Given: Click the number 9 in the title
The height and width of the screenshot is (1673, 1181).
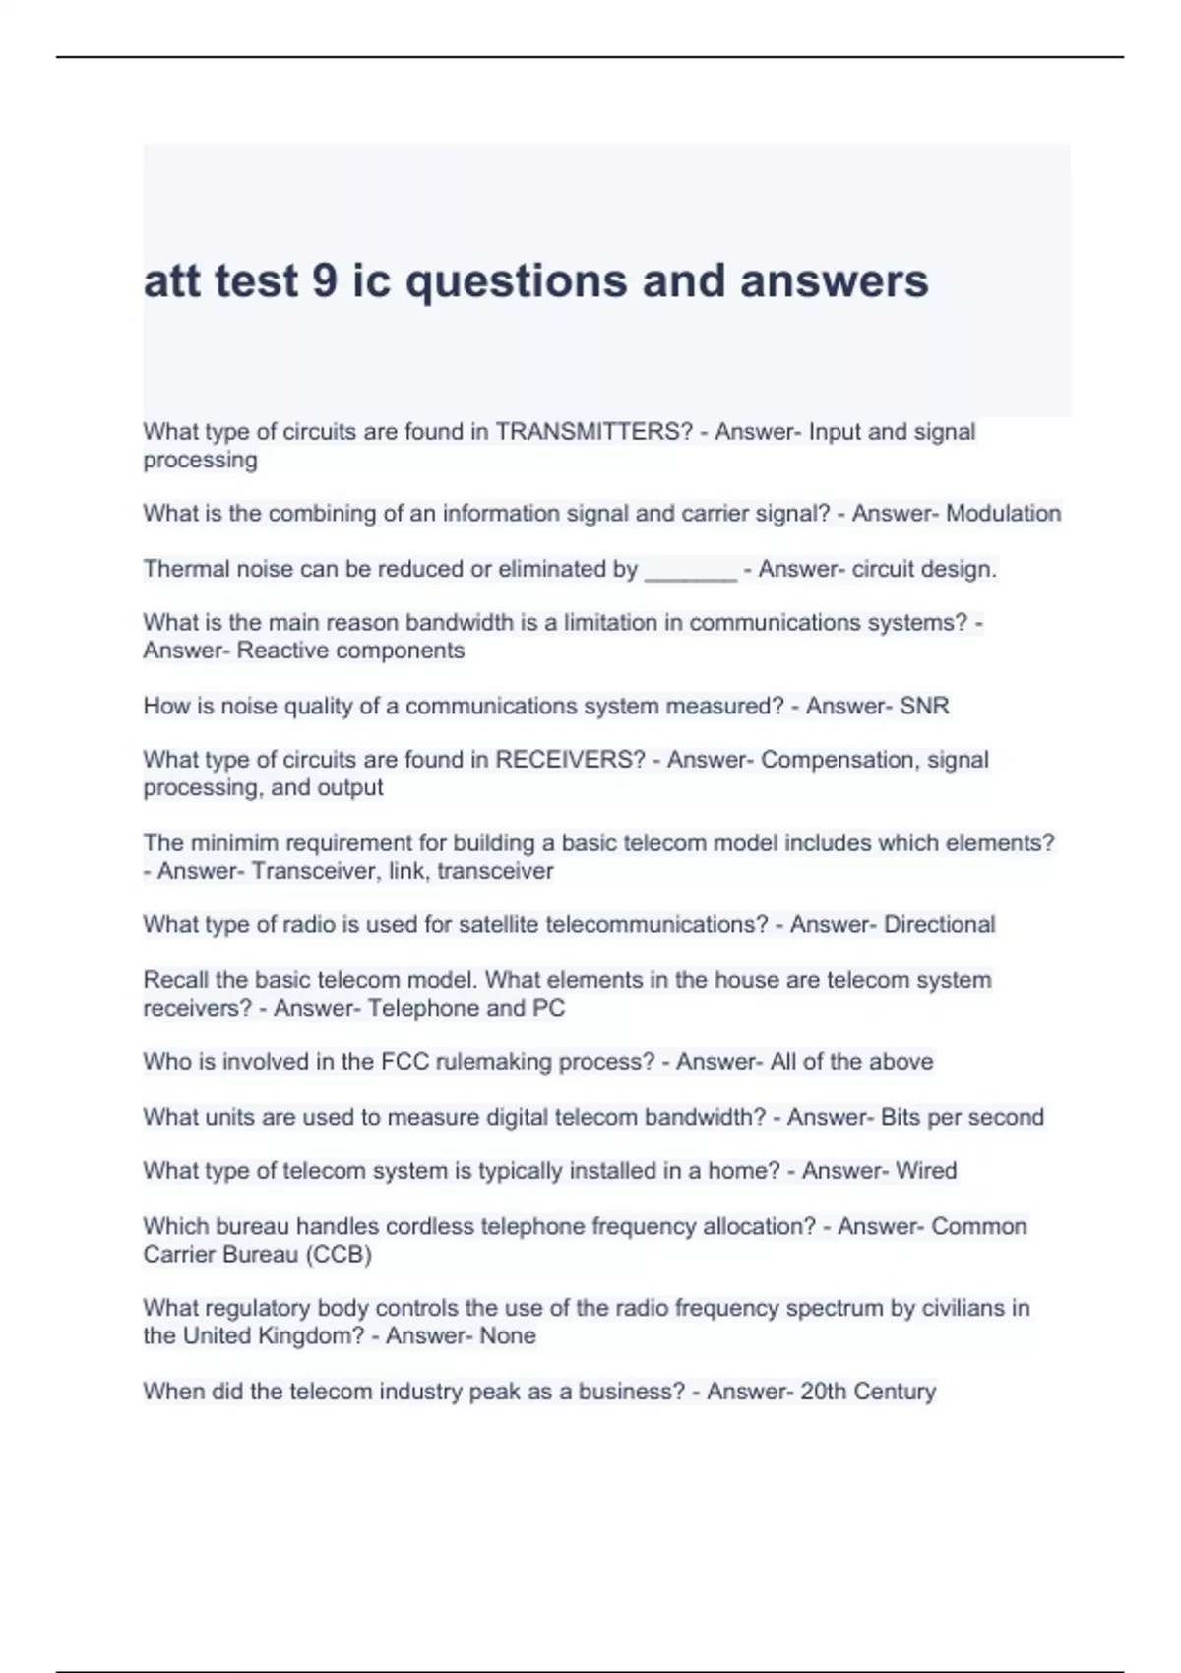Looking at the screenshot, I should tap(325, 281).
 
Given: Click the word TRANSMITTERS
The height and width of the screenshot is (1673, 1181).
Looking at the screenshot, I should tap(593, 432).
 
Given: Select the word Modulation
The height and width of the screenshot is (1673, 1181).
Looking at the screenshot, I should tap(1003, 514).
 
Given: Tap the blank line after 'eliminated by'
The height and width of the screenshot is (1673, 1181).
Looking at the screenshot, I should tap(690, 571).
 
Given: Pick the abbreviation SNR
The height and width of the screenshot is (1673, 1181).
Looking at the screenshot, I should tap(924, 706).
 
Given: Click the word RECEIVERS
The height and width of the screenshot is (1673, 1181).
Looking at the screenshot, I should tap(570, 760).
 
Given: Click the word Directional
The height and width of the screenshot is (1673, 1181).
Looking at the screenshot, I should tap(939, 925).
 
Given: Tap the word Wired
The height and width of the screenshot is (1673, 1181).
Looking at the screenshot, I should tap(926, 1171).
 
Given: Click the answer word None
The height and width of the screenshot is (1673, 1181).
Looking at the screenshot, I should tap(508, 1336).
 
